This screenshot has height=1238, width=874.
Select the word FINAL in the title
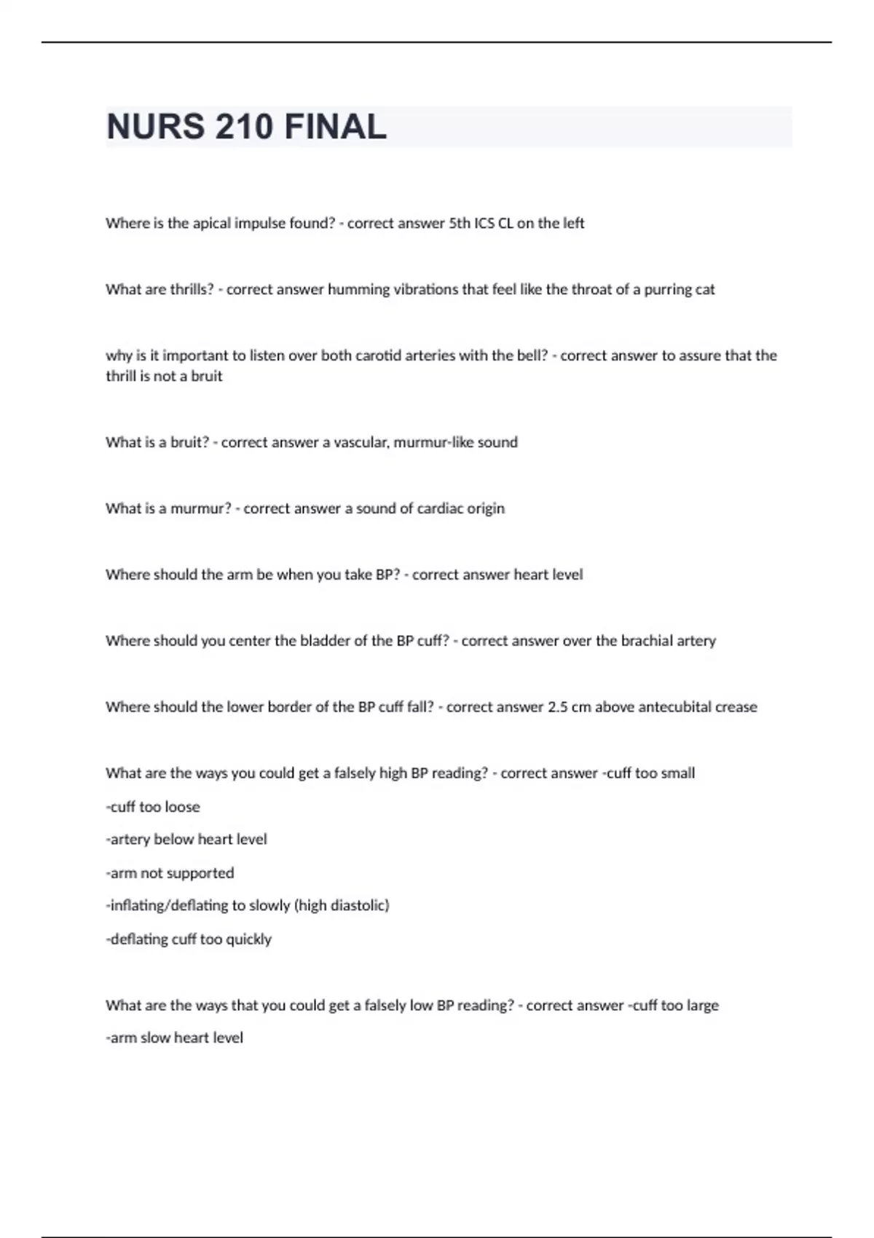335,127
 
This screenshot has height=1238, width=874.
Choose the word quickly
248,939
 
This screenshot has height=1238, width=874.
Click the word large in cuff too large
702,1006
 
